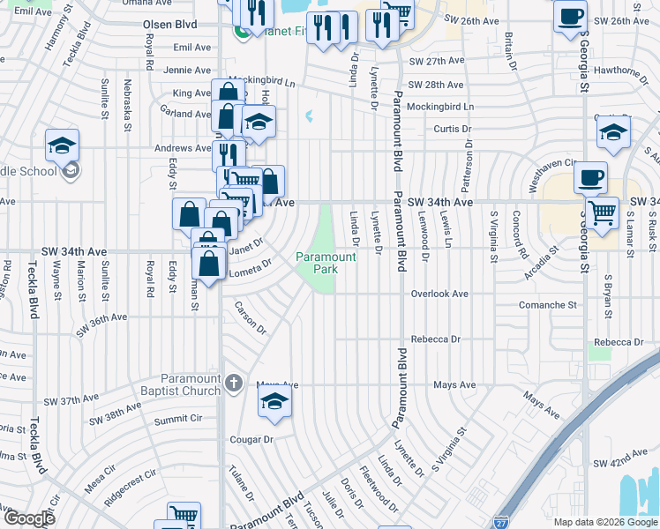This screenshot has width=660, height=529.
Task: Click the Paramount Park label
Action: pyautogui.click(x=326, y=263)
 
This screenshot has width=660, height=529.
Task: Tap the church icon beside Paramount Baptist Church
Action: pyautogui.click(x=233, y=383)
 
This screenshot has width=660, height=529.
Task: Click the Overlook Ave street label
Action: pyautogui.click(x=439, y=294)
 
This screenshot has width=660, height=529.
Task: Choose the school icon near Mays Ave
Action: pyautogui.click(x=274, y=401)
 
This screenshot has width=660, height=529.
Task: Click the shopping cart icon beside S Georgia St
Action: pyautogui.click(x=602, y=212)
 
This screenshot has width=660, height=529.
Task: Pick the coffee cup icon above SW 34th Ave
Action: pyautogui.click(x=590, y=176)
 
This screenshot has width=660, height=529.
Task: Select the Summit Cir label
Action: pyautogui.click(x=178, y=418)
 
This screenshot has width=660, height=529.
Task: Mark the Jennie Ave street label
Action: pyautogui.click(x=187, y=70)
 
